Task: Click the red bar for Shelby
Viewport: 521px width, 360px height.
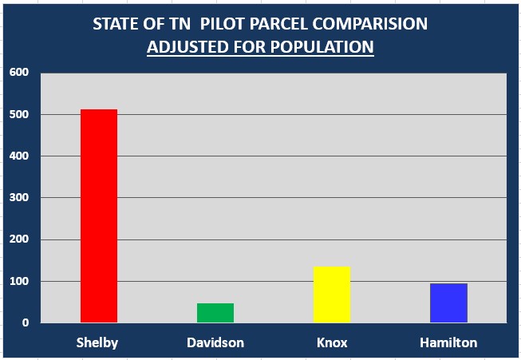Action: tap(99, 216)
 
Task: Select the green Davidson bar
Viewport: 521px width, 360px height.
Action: tap(215, 313)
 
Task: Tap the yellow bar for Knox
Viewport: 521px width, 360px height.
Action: tap(332, 295)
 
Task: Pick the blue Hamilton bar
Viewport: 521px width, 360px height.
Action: tap(448, 303)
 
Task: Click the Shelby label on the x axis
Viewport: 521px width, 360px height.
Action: tap(97, 342)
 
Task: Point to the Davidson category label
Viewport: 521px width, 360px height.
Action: tap(215, 342)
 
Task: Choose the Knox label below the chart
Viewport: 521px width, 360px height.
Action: tap(332, 342)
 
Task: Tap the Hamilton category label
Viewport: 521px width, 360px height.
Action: tap(448, 342)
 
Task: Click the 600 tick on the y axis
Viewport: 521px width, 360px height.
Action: tap(19, 72)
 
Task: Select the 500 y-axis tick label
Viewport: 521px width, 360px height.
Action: tap(19, 114)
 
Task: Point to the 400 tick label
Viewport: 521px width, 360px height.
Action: tap(19, 156)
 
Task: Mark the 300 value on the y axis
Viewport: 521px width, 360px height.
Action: tap(19, 197)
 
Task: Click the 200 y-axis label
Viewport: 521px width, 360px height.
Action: tap(19, 239)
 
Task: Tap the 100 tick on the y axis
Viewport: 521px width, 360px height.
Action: tap(19, 281)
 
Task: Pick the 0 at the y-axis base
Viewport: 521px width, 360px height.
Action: tap(26, 322)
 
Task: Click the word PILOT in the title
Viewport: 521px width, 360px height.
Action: tap(222, 24)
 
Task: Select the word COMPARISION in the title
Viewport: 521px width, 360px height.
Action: tap(370, 24)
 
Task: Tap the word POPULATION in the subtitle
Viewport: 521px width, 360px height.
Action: tap(322, 47)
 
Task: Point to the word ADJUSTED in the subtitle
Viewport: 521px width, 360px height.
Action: tap(187, 47)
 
